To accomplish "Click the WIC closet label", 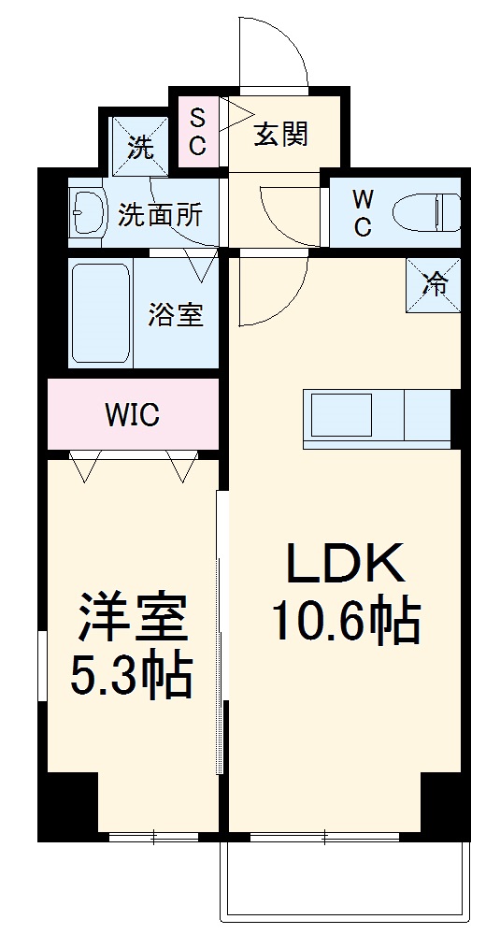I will tap(132, 414).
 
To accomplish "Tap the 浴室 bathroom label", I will tap(175, 315).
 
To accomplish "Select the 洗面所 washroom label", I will tap(160, 216).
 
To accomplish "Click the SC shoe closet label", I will tap(198, 132).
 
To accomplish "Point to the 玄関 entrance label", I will tap(280, 136).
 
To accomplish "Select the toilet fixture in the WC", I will tap(426, 212).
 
